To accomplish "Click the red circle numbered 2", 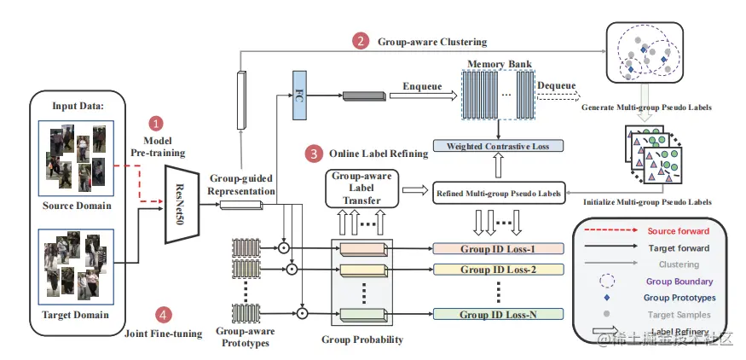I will [x=362, y=41].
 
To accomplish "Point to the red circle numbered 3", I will [x=315, y=154].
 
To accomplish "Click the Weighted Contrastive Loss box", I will [x=498, y=146].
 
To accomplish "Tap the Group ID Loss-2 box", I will [x=498, y=270].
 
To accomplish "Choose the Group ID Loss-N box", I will [x=498, y=315].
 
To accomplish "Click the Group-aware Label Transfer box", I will [x=362, y=188].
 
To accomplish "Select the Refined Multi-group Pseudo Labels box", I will [x=498, y=194].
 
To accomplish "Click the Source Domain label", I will [x=79, y=205].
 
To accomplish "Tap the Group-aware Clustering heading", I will [x=432, y=41].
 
